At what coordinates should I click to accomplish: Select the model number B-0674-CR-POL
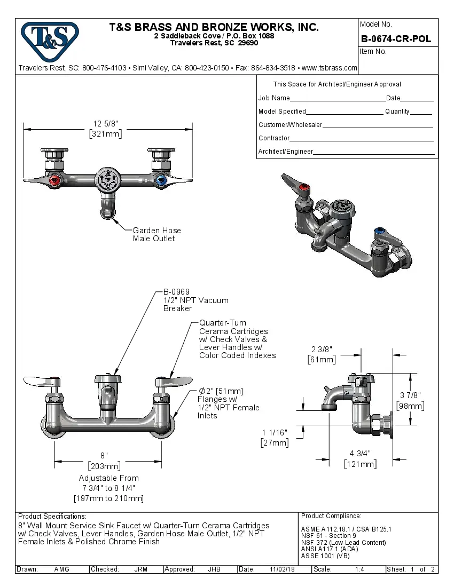pos(396,39)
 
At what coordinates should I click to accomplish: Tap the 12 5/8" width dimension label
pos(105,129)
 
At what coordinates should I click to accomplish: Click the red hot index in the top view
pos(53,181)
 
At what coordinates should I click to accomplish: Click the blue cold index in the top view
pos(159,181)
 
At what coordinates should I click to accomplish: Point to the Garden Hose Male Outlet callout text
pos(156,234)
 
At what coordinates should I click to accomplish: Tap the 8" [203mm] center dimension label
pos(105,461)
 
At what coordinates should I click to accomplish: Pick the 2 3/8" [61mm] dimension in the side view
pos(322,354)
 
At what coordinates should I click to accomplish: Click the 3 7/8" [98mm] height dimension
pos(410,400)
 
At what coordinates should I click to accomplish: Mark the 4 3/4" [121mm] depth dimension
pos(359,459)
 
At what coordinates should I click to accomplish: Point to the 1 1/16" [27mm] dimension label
pos(275,438)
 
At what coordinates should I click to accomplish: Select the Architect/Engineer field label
pos(285,152)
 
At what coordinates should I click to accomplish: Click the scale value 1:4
pos(359,569)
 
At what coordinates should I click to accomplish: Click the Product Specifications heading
pos(52,517)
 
